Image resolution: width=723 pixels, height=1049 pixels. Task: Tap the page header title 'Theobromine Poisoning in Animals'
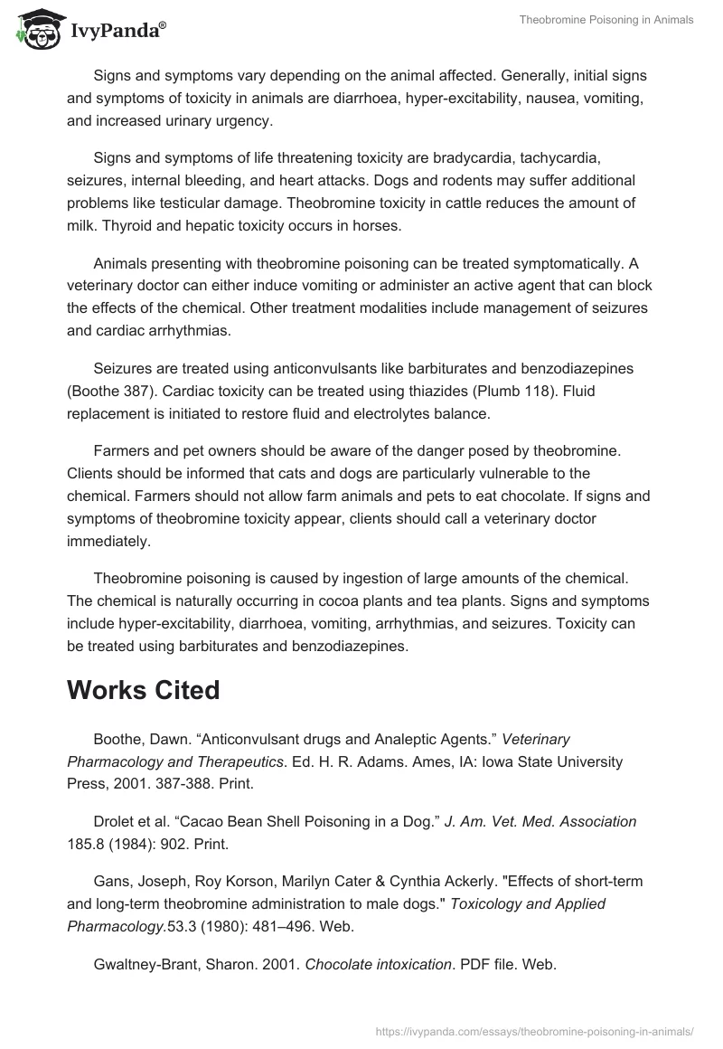[x=606, y=20]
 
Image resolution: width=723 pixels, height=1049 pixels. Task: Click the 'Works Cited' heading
[x=143, y=690]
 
